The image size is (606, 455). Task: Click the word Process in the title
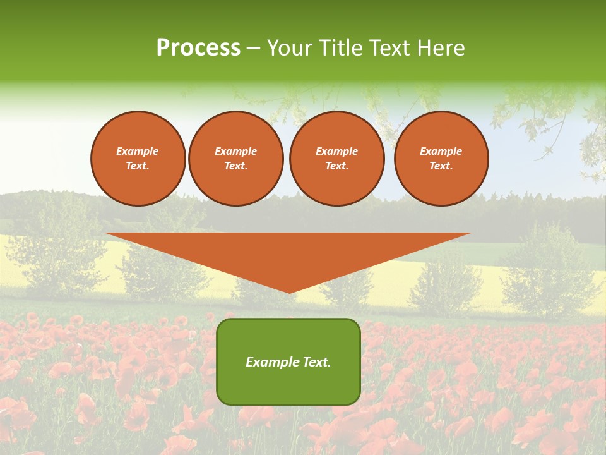tap(198, 48)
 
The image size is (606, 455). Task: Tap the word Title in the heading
tap(340, 48)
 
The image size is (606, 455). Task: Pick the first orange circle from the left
tap(138, 159)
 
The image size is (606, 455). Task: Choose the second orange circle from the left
tap(235, 159)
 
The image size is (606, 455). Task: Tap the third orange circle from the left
tap(336, 159)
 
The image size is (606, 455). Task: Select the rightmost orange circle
tap(441, 159)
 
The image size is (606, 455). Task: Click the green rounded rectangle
tap(288, 361)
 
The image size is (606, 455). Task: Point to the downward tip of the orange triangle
tap(289, 292)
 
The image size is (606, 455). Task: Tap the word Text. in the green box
tap(316, 362)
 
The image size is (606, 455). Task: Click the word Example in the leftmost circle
tap(138, 151)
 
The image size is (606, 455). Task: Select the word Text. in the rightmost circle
tap(441, 166)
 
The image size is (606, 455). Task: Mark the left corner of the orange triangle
tap(107, 234)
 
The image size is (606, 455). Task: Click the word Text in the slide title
tap(391, 48)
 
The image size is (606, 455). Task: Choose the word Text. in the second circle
tap(235, 166)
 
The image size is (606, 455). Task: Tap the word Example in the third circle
tap(336, 151)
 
